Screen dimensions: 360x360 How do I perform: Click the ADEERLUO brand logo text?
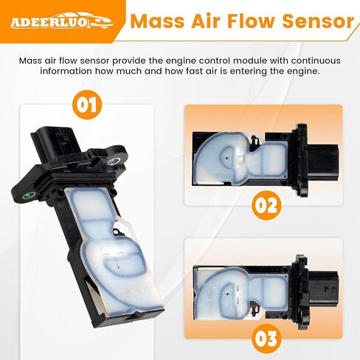point(49,22)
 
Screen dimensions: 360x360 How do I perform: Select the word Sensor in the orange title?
point(318,21)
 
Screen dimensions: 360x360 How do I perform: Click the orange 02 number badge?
point(266,205)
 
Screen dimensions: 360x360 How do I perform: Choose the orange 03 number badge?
point(266,339)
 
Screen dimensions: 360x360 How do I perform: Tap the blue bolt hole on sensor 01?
point(114,162)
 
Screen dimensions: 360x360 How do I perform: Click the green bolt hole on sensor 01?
point(29,195)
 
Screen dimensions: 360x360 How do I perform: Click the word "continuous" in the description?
point(316,60)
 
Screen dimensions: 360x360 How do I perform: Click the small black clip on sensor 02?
point(256,140)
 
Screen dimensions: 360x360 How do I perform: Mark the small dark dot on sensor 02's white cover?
point(226,158)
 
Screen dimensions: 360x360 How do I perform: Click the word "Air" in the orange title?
point(206,21)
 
